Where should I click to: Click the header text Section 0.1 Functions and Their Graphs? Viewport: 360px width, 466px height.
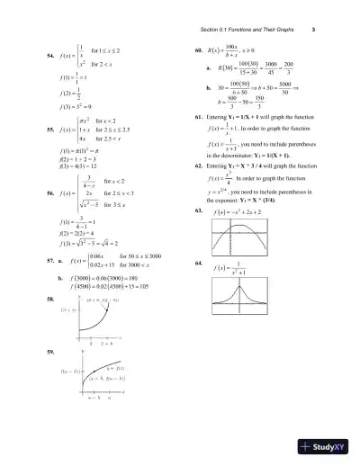point(247,30)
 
